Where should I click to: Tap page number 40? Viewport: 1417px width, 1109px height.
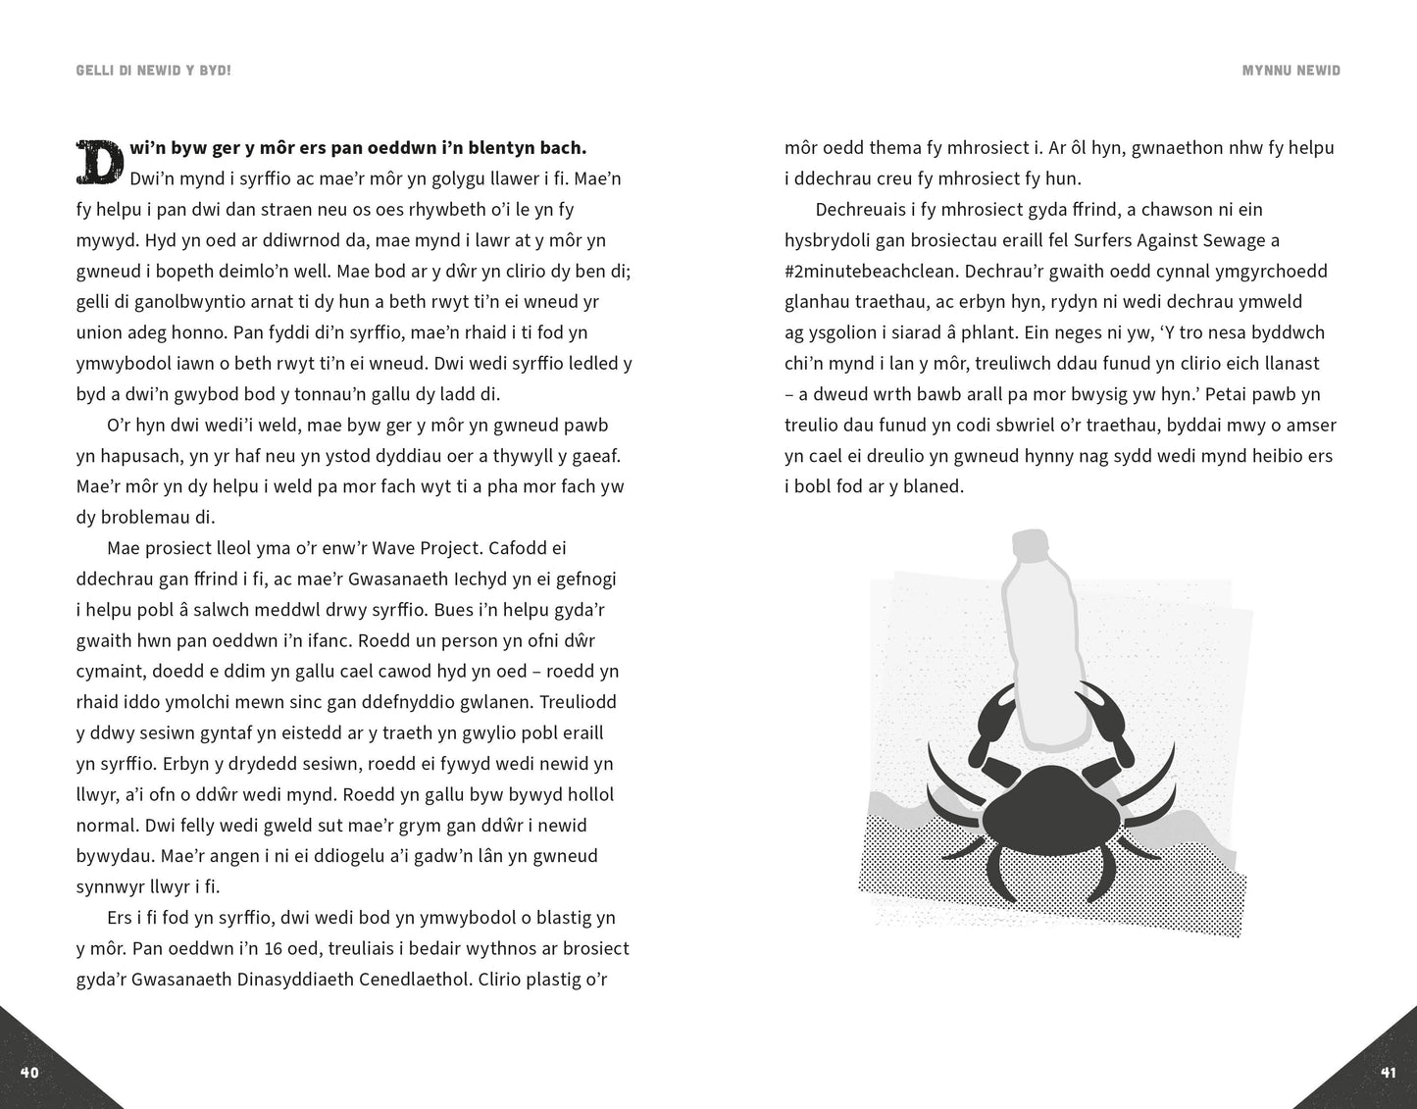[x=29, y=1072]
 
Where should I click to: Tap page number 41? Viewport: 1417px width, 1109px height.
[x=1388, y=1072]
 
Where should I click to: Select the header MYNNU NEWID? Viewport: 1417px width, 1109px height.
[x=1290, y=71]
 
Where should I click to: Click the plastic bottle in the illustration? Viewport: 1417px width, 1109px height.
[x=1041, y=637]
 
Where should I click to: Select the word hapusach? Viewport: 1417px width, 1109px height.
[x=135, y=456]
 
